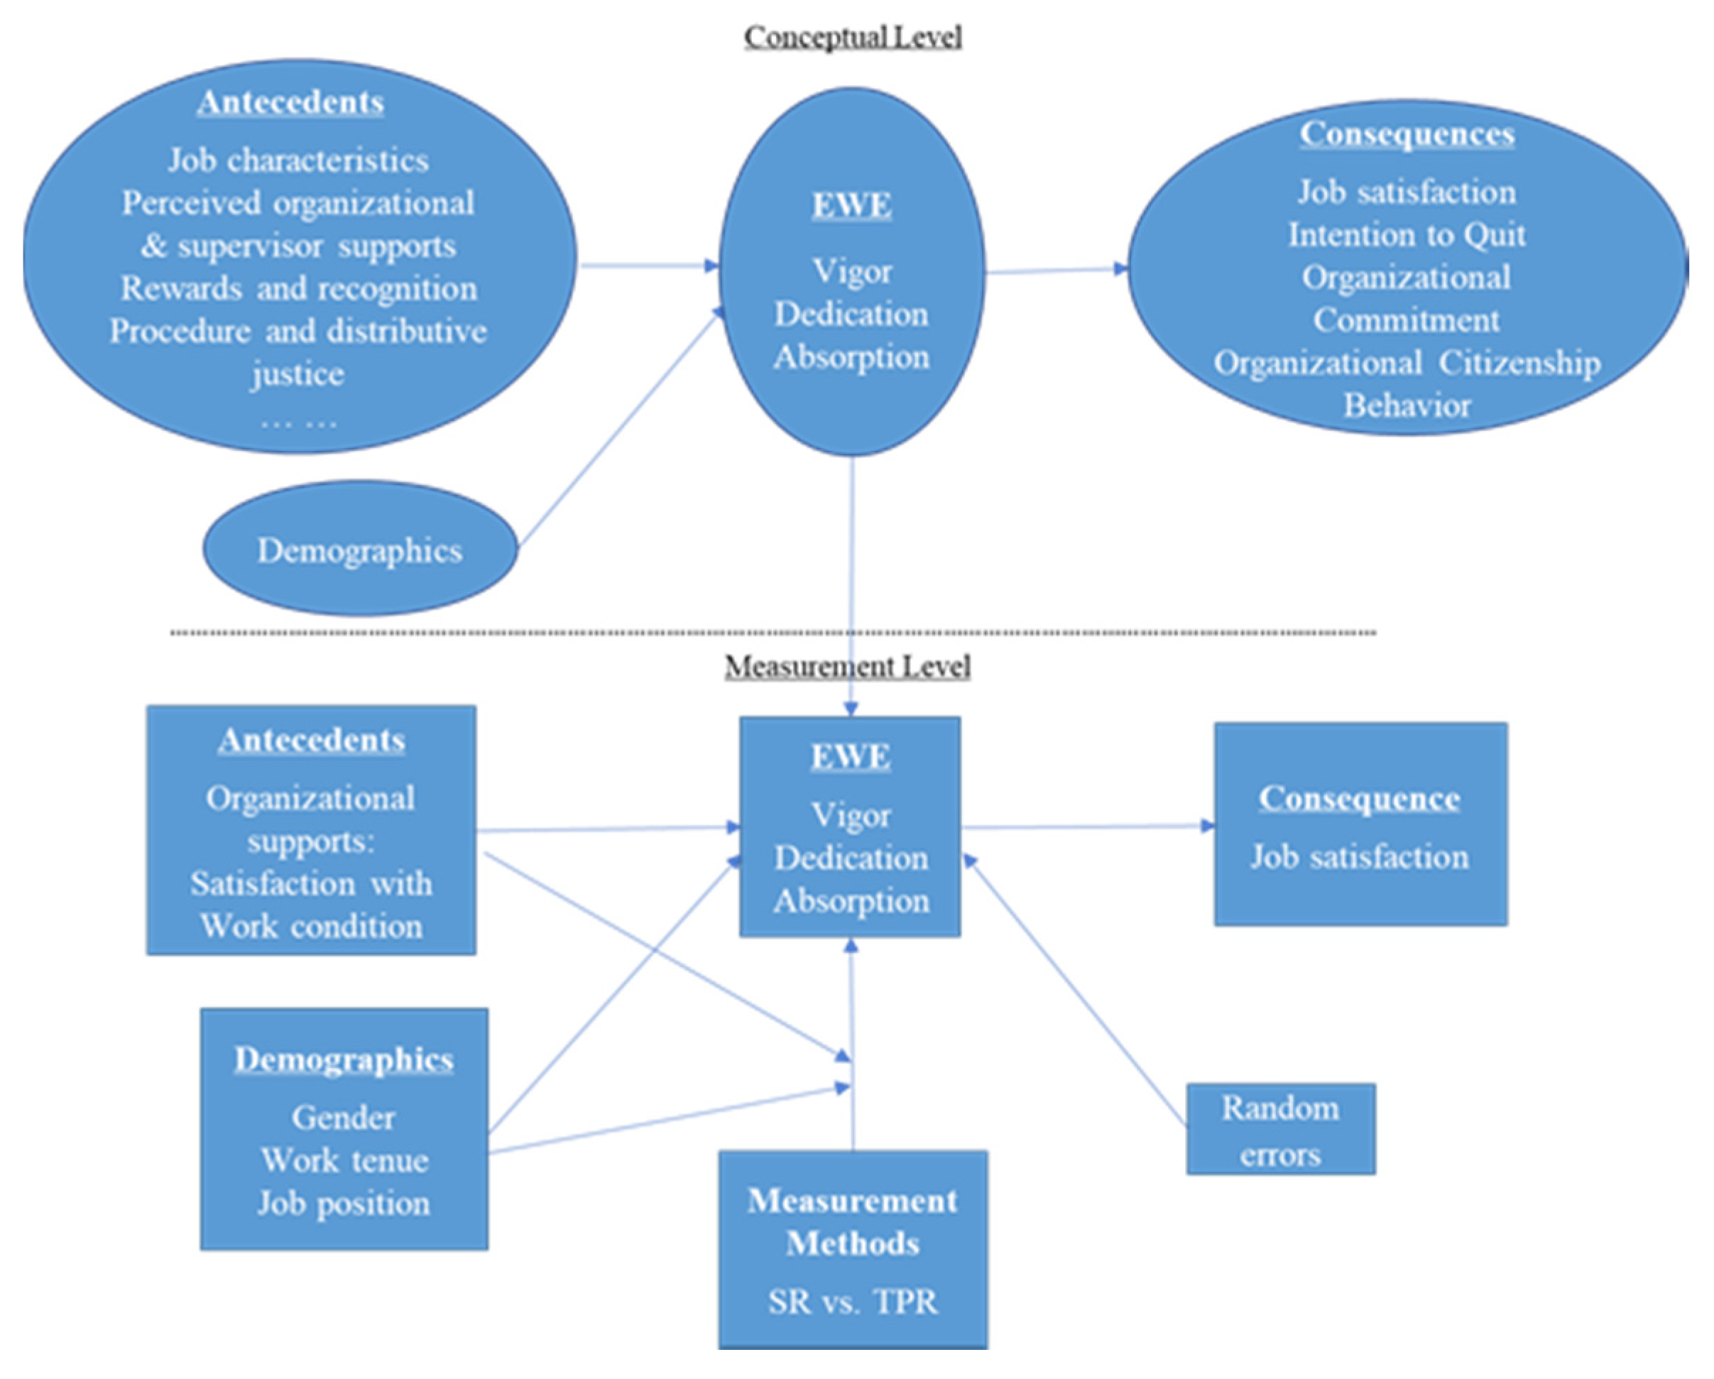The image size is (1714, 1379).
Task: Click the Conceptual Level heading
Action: pyautogui.click(x=852, y=38)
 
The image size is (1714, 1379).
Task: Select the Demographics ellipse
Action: pyautogui.click(x=359, y=550)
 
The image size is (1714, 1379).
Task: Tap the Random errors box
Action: pyautogui.click(x=1280, y=1130)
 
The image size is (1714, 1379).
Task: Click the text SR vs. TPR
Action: pyautogui.click(x=852, y=1301)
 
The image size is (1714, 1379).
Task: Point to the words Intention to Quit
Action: pyautogui.click(x=1406, y=234)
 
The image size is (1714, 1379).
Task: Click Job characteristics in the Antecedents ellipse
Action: pyautogui.click(x=298, y=160)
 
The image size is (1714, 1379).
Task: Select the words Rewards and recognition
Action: pyautogui.click(x=298, y=288)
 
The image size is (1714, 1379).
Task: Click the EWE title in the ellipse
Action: pyautogui.click(x=851, y=205)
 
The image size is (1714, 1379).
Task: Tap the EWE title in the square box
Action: pyautogui.click(x=850, y=756)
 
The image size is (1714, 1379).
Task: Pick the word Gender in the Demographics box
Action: pyautogui.click(x=343, y=1118)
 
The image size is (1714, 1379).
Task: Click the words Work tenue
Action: pyautogui.click(x=344, y=1160)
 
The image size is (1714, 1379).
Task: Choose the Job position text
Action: pyautogui.click(x=344, y=1203)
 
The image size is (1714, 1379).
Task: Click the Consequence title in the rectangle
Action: pyautogui.click(x=1359, y=798)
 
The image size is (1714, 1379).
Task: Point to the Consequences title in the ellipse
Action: pyautogui.click(x=1407, y=133)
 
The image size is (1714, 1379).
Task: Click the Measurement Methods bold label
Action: pyautogui.click(x=852, y=1222)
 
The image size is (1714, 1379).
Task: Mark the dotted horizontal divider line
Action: pyautogui.click(x=771, y=633)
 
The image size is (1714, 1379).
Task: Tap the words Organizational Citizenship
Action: pyautogui.click(x=1406, y=363)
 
